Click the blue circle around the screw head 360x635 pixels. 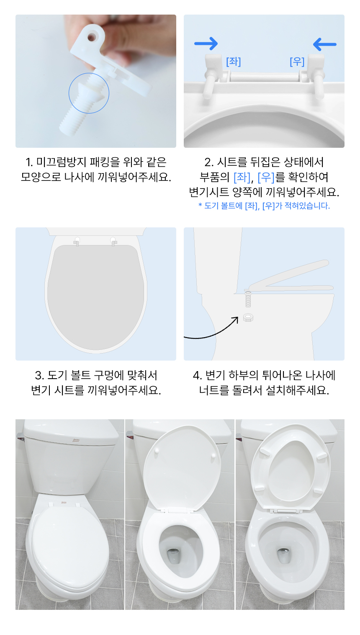pyautogui.click(x=89, y=93)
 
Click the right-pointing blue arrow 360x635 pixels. pyautogui.click(x=206, y=43)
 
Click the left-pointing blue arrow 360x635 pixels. pyautogui.click(x=324, y=44)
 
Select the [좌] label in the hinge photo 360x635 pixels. pyautogui.click(x=233, y=62)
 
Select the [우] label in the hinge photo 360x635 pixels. pyautogui.click(x=297, y=62)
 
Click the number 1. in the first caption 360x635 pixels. pyautogui.click(x=29, y=162)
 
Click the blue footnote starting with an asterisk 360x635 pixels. pyautogui.click(x=264, y=206)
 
